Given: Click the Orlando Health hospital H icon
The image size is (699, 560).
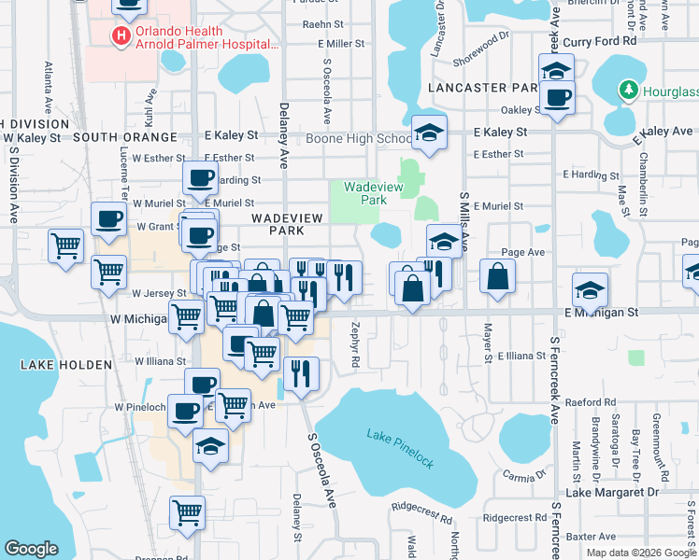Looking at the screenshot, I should [x=121, y=36].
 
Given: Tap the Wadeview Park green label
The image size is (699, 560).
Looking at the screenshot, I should [x=364, y=193].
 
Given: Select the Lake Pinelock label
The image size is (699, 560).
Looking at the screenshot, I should [x=400, y=436].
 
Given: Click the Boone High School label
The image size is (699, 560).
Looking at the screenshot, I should [x=354, y=139].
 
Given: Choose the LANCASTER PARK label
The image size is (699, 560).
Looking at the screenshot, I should [x=480, y=88].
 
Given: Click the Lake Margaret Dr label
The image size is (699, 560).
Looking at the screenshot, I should [x=612, y=492].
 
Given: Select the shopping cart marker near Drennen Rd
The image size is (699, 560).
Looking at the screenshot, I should [x=187, y=512].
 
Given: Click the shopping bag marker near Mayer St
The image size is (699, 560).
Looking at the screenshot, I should [x=497, y=276].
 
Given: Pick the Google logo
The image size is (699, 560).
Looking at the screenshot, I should [x=32, y=549].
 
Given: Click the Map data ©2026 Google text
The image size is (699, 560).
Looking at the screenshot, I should [x=640, y=553].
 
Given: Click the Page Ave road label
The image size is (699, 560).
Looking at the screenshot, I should [x=523, y=252].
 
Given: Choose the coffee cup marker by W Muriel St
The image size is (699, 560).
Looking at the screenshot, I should [x=200, y=178].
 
